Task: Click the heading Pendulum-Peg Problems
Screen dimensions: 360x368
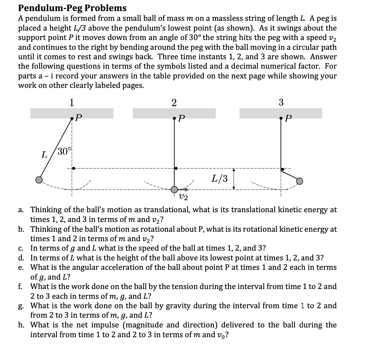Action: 72,8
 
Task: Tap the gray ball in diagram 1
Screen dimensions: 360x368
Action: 39,180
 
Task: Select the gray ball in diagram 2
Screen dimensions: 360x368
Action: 175,189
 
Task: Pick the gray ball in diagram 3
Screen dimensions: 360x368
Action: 299,181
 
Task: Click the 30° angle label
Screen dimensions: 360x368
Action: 64,151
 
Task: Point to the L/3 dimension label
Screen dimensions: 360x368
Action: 220,178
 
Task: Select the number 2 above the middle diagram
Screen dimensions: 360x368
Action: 174,103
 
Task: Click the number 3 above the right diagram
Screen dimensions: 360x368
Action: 281,103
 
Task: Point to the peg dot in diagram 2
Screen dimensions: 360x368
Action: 176,169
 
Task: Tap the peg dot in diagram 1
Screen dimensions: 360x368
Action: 74,168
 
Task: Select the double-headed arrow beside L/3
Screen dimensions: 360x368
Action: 234,178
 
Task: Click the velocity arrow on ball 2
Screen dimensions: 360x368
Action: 184,189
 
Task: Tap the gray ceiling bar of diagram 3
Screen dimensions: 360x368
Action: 280,113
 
